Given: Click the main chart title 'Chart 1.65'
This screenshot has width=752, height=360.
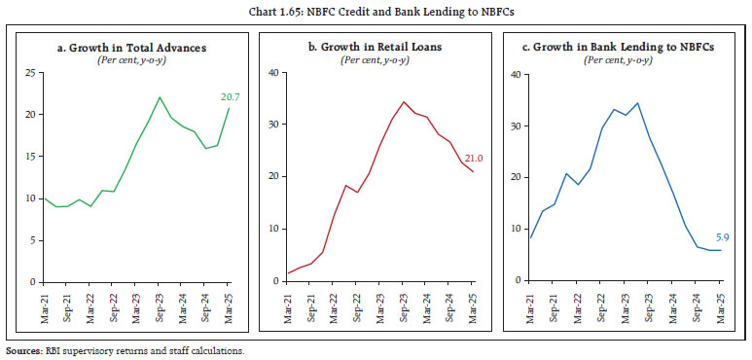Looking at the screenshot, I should tap(376, 11).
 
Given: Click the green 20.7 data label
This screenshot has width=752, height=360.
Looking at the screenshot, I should tap(229, 96).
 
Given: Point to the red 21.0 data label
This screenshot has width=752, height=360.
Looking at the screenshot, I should tap(474, 159).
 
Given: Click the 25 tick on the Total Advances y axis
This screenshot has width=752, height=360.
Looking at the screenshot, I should tap(30, 73).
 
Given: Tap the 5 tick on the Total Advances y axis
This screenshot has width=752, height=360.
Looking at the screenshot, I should tap(33, 240).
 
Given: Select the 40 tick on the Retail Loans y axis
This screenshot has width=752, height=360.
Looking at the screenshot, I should tap(275, 73).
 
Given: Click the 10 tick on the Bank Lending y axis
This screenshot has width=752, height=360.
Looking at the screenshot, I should tap(521, 230).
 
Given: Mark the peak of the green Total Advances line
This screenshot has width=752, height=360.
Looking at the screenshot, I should tap(160, 97).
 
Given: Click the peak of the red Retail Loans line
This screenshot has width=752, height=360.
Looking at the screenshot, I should tap(403, 101).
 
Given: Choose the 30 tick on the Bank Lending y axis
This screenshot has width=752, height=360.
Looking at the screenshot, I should tap(521, 126).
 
